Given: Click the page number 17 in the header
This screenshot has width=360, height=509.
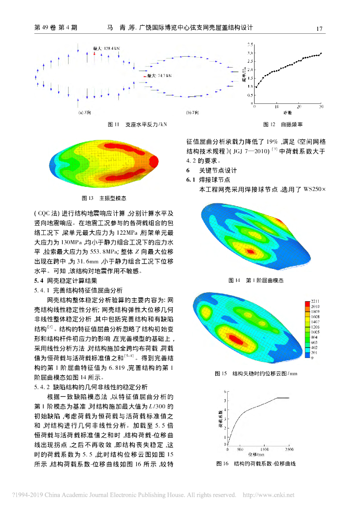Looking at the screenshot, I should pyautogui.click(x=320, y=28).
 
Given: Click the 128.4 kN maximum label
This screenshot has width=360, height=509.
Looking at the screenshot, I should pyautogui.click(x=106, y=49).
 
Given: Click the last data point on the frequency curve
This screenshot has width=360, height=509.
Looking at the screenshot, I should pyautogui.click(x=321, y=53).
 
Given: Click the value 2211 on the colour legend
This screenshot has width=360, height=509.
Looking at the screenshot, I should pyautogui.click(x=316, y=302).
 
